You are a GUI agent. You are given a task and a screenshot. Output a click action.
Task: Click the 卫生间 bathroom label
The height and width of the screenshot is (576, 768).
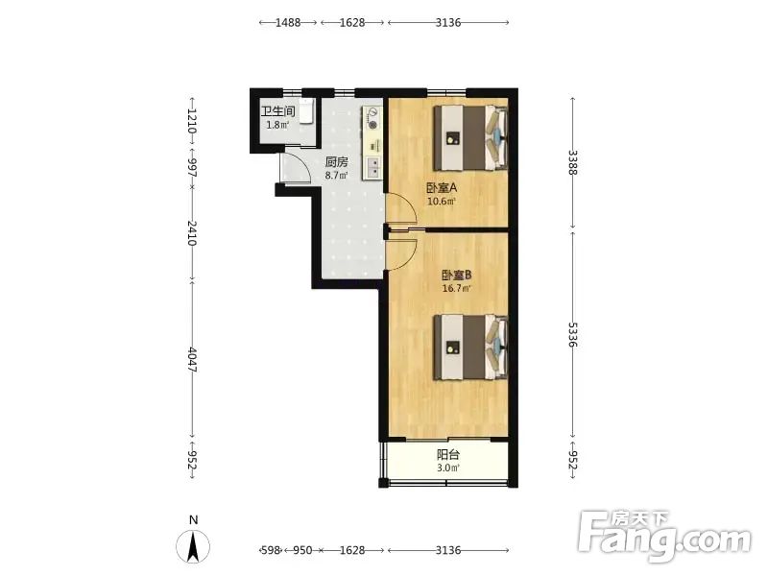[x=277, y=111]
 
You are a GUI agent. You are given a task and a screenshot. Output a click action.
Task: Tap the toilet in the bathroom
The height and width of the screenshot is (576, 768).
[x=306, y=111]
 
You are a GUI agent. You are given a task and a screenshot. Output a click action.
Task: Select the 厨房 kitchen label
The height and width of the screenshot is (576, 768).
[x=337, y=161]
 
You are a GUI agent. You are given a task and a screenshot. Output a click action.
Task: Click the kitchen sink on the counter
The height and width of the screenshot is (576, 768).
[x=372, y=167]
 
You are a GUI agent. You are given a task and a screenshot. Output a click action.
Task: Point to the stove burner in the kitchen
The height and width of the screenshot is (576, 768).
[x=372, y=125]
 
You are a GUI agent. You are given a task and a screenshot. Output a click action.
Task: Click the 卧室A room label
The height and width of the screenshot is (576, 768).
[x=442, y=187]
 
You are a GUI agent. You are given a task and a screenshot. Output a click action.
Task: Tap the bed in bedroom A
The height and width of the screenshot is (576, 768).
[x=470, y=137]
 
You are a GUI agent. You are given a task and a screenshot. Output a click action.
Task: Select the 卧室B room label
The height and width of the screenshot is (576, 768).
[x=457, y=276]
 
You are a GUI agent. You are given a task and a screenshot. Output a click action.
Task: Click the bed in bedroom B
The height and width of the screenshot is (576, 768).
[x=470, y=348]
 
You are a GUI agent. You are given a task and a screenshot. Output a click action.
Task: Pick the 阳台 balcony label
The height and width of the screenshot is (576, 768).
[x=448, y=455]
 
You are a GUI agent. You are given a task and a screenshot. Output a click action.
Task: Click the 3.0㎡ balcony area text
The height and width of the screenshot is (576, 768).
[x=448, y=468]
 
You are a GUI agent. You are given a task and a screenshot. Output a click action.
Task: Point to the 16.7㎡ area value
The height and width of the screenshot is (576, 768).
[x=457, y=289]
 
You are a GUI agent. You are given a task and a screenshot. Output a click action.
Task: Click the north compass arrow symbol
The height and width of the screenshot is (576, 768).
[x=193, y=546]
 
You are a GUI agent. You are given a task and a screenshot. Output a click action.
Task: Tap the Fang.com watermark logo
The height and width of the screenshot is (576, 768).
[x=663, y=537]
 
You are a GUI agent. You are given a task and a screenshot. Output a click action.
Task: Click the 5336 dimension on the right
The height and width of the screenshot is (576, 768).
[x=572, y=334]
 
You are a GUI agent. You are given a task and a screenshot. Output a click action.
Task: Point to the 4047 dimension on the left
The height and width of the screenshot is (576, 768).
[x=192, y=360]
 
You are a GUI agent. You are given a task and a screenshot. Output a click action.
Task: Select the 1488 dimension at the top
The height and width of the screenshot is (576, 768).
[x=288, y=22]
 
